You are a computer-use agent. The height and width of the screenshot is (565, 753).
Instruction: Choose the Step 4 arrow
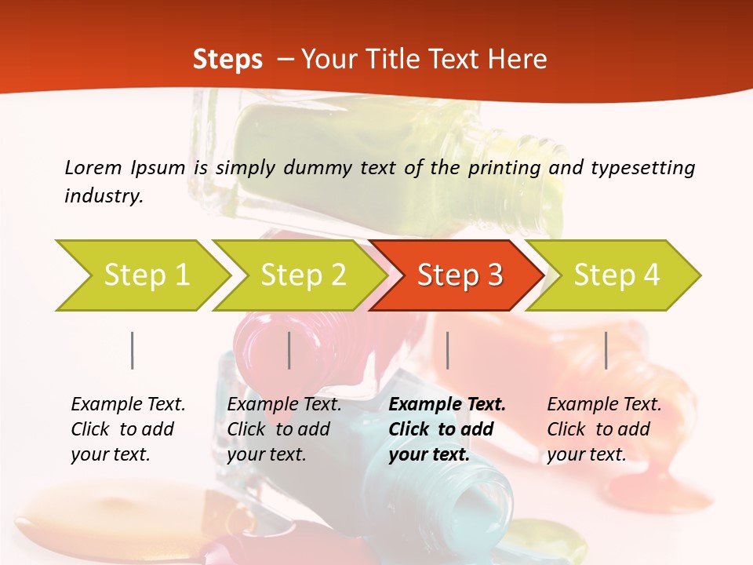pos(615,275)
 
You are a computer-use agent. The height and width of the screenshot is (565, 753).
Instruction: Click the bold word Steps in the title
pos(227,59)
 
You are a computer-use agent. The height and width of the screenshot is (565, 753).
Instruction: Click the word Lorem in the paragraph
pos(93,167)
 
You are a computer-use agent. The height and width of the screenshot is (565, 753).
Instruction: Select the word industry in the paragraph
pos(104,195)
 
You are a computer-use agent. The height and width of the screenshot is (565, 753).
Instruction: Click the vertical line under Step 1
pos(132,350)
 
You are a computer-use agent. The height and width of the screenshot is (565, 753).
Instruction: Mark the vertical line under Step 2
pos(289,350)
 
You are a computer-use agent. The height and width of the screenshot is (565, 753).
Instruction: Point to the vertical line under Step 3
pos(447,350)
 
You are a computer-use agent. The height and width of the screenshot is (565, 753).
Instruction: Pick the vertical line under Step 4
pos(606,350)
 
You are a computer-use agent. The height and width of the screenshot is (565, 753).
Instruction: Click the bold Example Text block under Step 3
pos(447,429)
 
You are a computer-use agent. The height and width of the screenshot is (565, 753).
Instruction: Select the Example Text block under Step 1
pos(128,429)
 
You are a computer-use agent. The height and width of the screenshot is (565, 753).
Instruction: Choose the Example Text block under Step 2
pos(284,429)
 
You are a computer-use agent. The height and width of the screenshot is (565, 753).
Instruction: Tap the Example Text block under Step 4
pos(604,429)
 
